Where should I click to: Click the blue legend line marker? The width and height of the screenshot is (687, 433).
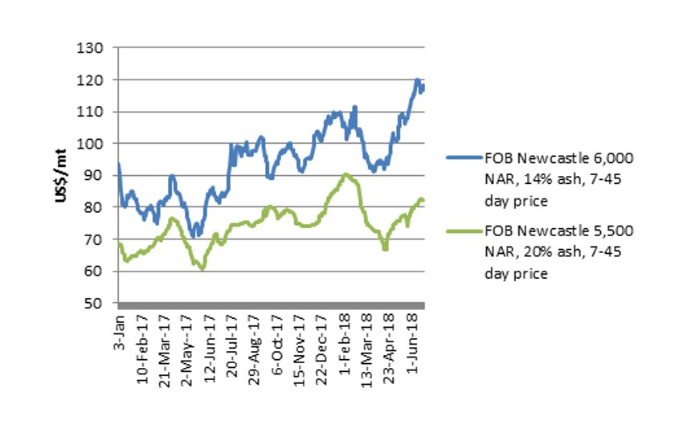coord(461,152)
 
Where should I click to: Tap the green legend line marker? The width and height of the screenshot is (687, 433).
coord(461,232)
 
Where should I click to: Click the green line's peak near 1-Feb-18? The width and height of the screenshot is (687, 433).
coord(345,174)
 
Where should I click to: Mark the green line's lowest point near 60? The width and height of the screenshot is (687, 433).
coord(202,268)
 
